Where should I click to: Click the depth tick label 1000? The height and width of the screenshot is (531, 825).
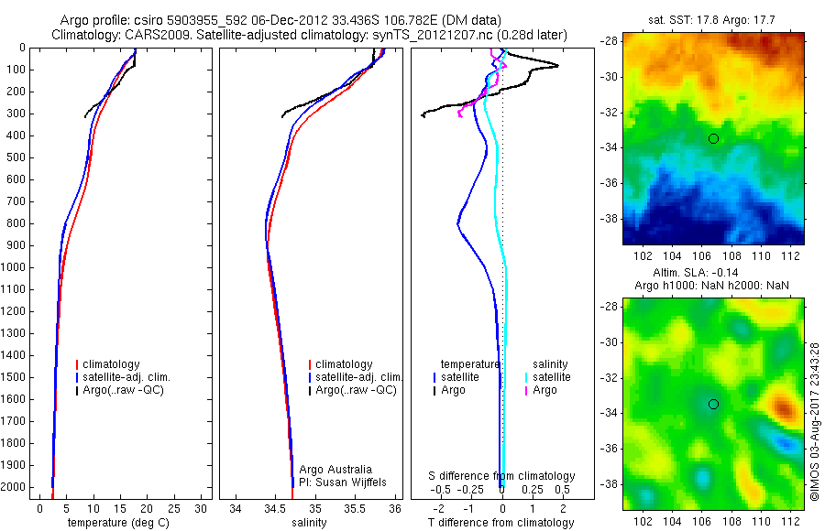(16, 267)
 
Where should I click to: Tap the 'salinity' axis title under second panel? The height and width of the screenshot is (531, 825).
(309, 523)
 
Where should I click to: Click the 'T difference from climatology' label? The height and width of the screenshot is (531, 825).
(500, 523)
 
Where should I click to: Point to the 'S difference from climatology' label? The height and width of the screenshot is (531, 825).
(502, 476)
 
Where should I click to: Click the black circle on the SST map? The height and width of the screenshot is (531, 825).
(713, 138)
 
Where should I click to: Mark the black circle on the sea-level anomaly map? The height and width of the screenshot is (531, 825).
(713, 404)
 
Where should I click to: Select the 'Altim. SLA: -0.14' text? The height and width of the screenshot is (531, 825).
(712, 274)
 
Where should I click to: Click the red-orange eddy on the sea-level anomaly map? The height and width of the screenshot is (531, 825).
(781, 404)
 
